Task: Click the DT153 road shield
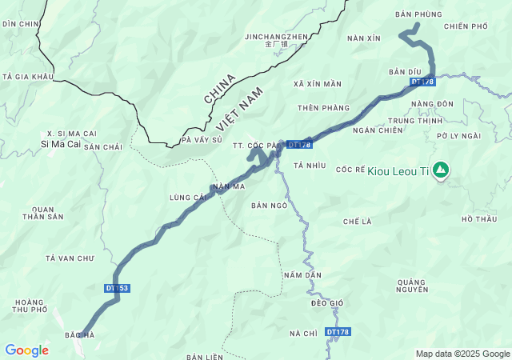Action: pyautogui.click(x=116, y=288)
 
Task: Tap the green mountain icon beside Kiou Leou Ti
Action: pyautogui.click(x=440, y=170)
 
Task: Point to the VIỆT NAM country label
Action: pyautogui.click(x=238, y=110)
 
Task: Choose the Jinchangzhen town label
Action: pyautogui.click(x=276, y=37)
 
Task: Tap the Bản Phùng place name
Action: pyautogui.click(x=418, y=14)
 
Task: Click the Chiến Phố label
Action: pyautogui.click(x=465, y=26)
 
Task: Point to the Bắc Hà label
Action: pyautogui.click(x=80, y=334)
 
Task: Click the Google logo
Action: pyautogui.click(x=26, y=350)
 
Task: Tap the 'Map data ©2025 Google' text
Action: pyautogui.click(x=462, y=354)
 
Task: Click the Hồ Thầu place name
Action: pyautogui.click(x=479, y=218)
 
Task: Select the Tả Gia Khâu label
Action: pyautogui.click(x=27, y=77)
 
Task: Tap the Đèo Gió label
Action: pyautogui.click(x=326, y=302)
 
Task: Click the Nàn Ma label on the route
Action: pyautogui.click(x=229, y=186)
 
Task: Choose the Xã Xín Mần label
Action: pyautogui.click(x=318, y=84)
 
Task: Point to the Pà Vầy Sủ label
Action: pyautogui.click(x=202, y=139)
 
